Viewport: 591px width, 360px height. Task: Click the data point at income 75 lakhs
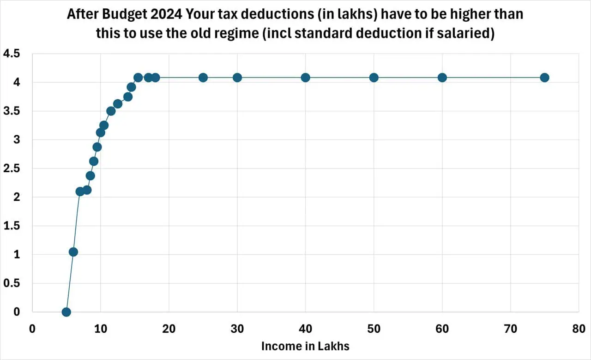coord(544,78)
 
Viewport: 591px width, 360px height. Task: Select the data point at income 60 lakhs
coord(442,78)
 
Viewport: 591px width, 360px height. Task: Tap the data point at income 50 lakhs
coord(374,78)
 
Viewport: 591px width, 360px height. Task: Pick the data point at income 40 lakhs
coord(305,78)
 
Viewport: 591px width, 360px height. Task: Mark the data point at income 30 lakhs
coord(237,78)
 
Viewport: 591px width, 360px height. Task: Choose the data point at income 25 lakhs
coord(203,78)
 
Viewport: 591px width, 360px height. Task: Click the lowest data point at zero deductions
coord(66,312)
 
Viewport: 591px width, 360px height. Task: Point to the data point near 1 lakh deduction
coord(73,252)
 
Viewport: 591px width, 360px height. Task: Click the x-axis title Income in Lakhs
coord(305,346)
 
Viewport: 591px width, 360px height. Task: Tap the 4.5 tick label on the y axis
coord(12,54)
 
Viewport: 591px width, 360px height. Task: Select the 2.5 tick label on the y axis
coord(12,168)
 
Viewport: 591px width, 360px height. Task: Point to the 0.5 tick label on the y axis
coord(12,283)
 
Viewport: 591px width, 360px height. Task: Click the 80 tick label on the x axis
coord(579,329)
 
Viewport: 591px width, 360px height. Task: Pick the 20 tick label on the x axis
coord(169,329)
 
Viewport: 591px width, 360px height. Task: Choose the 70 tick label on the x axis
coord(510,329)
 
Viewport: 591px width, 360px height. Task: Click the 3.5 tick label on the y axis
coord(12,111)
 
